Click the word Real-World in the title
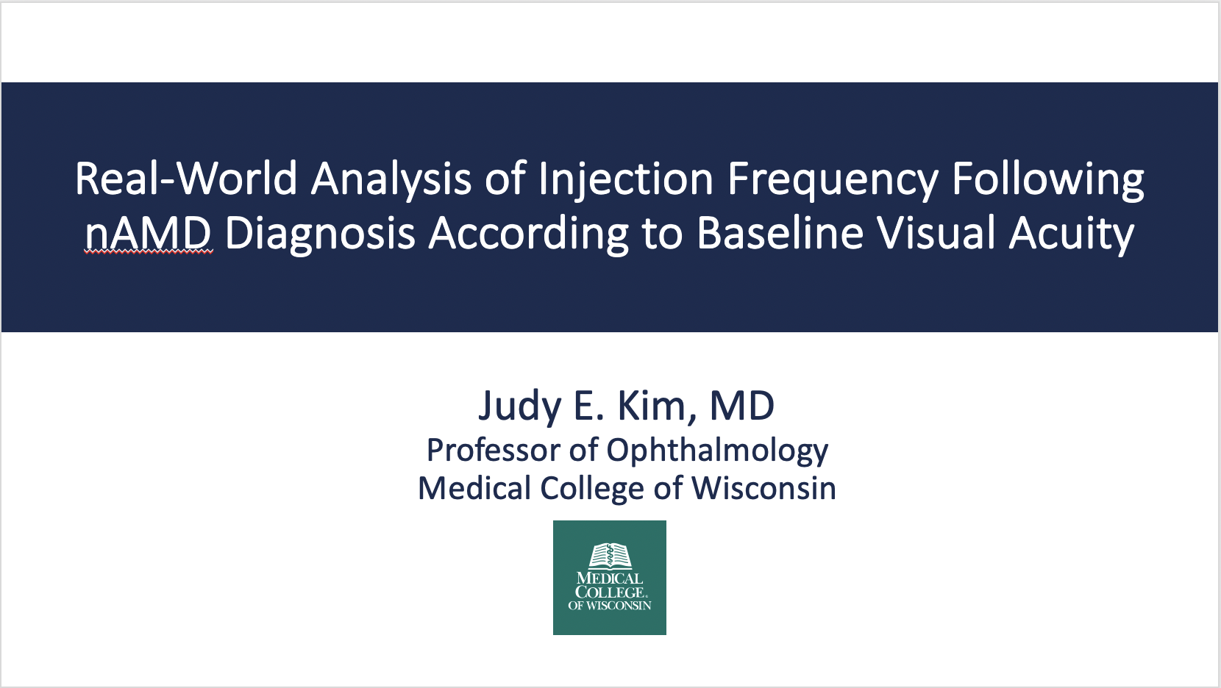(186, 178)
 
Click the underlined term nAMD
(149, 234)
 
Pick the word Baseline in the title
(780, 233)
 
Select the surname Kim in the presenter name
(658, 406)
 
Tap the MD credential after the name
(742, 405)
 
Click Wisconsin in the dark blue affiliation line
(763, 487)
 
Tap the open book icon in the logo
(610, 556)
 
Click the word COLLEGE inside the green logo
(610, 592)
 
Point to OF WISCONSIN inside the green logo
(610, 606)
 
